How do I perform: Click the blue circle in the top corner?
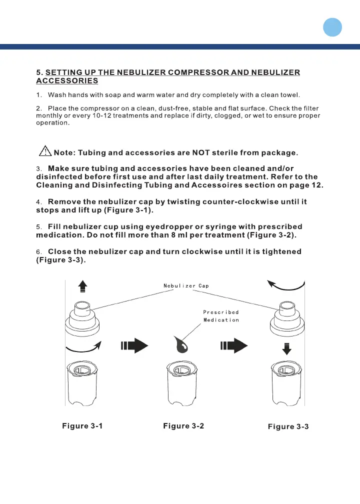[x=332, y=27]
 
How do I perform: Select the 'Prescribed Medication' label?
[x=221, y=316]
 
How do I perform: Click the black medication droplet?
[x=181, y=345]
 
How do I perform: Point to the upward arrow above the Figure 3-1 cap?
[x=82, y=286]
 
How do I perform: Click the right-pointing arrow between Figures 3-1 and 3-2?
[x=134, y=345]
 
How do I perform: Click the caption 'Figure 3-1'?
[x=82, y=426]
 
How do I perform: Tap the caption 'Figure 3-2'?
[x=183, y=426]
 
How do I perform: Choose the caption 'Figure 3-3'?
[x=288, y=426]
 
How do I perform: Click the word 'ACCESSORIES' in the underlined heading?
[x=67, y=80]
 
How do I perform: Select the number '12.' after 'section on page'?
[x=317, y=185]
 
